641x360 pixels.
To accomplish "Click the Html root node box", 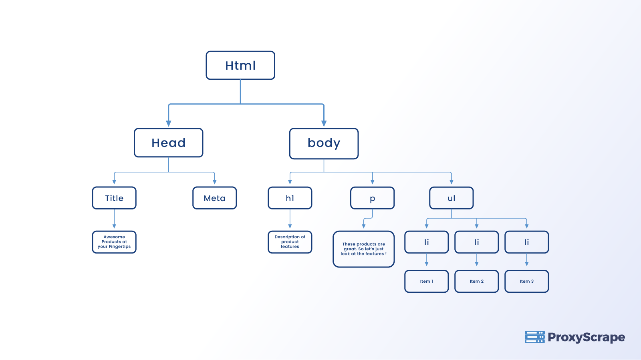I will pos(240,65).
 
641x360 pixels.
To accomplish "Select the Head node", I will pos(169,143).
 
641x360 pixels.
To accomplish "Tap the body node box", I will pos(324,143).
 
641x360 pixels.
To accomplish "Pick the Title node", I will pos(114,198).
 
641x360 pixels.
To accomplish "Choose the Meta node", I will pos(215,198).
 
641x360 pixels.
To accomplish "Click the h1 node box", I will pos(290,198).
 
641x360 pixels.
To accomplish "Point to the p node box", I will pos(373,198).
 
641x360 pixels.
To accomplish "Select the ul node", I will pos(452,198).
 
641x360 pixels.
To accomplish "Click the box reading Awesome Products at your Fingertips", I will pos(114,242).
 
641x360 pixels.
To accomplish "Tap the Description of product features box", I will pos(290,242).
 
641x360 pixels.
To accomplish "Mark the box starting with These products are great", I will pos(364,249).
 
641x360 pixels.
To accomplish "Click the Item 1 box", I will pos(427,281).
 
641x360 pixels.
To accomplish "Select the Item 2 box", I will pos(477,281).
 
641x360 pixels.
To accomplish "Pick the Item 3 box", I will pos(527,281).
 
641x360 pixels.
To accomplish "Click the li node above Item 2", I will pos(477,242).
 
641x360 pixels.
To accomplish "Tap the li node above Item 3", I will pos(527,242).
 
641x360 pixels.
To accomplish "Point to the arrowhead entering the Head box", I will pos(169,123).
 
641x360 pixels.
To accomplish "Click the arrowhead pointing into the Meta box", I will pos(215,182).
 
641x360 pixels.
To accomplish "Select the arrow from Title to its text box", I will pos(114,219).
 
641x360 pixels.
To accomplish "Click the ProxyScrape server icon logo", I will pos(534,337).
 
